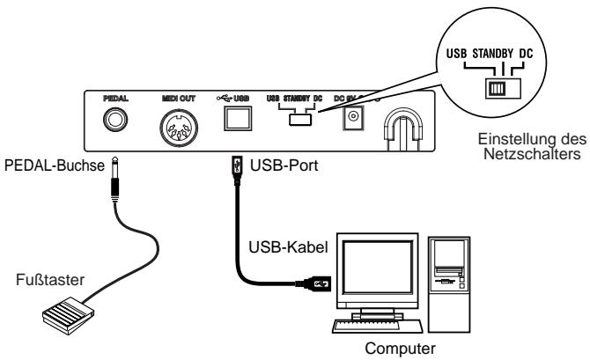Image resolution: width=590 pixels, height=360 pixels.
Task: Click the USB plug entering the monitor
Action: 319,283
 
